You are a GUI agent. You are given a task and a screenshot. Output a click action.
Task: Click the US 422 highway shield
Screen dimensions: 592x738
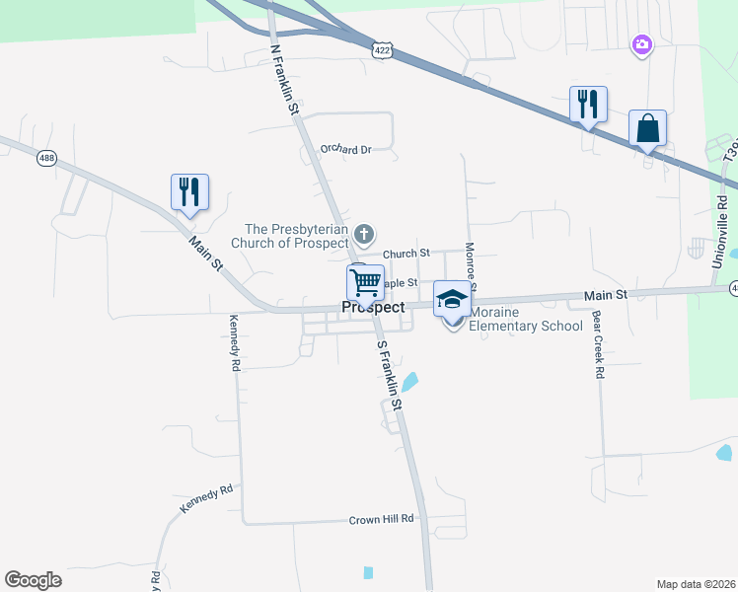point(382,49)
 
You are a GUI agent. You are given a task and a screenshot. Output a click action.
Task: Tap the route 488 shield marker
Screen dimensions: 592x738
point(45,158)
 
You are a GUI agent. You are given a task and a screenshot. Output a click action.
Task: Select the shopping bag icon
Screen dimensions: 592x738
point(647,128)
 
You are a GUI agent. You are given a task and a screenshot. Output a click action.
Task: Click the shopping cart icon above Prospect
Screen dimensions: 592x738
point(365,282)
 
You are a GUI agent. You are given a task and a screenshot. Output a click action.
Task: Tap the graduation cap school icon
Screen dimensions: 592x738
point(452,299)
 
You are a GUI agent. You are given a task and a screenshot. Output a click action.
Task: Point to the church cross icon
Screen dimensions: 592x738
point(364,234)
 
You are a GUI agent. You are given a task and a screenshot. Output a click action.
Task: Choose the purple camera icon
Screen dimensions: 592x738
point(642,43)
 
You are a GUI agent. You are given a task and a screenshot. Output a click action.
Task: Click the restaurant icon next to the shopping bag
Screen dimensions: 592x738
point(588,104)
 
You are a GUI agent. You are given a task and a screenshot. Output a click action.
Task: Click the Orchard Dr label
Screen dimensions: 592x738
point(346,150)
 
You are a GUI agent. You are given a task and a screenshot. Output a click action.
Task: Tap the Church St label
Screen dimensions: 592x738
point(406,254)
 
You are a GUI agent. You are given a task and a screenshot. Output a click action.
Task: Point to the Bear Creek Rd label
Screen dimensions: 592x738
point(598,346)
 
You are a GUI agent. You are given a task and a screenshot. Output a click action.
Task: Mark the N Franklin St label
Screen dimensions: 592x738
point(284,77)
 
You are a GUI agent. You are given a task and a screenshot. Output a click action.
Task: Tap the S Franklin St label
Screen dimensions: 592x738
point(389,376)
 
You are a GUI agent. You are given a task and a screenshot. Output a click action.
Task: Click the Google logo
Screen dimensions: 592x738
point(33,580)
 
